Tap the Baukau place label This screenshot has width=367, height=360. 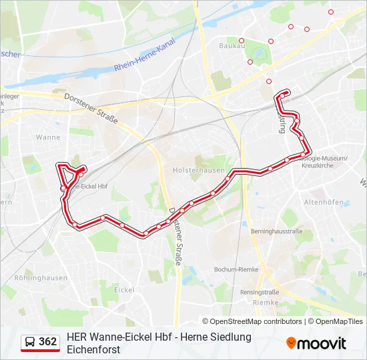tap(230, 45)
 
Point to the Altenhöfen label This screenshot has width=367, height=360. tap(324, 202)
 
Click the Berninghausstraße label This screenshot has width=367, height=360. tap(276, 231)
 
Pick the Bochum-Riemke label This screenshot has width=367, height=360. tap(236, 269)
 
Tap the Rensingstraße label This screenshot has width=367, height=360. tap(260, 292)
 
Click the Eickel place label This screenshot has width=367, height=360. tap(124, 290)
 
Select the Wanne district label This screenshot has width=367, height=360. tap(48, 137)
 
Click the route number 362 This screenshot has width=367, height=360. tap(48, 342)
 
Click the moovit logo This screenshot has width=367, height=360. tap(316, 343)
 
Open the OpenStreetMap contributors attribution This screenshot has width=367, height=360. tap(256, 321)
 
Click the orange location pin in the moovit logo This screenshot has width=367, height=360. tap(291, 343)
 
